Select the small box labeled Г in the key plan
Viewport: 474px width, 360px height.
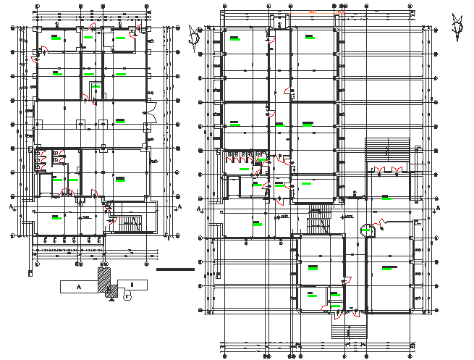[129, 295]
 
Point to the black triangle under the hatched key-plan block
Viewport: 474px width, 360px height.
[110, 302]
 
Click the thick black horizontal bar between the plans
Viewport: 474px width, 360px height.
[175, 269]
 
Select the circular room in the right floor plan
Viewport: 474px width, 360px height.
[368, 230]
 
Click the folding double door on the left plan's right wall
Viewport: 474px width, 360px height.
[150, 112]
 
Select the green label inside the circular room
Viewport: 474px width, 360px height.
[367, 230]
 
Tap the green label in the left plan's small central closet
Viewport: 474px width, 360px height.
[96, 88]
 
